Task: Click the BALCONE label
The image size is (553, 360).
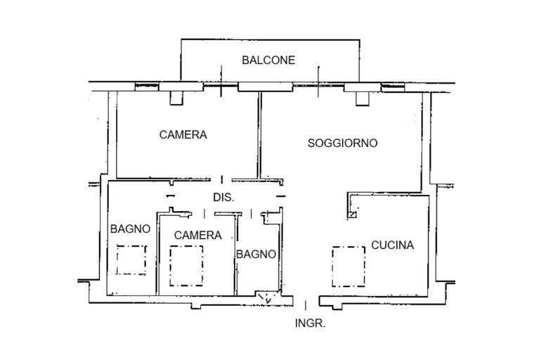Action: [268, 60]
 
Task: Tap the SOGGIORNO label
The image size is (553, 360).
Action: [343, 143]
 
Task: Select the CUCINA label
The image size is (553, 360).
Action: [393, 245]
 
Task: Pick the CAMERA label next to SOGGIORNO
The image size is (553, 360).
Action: [183, 134]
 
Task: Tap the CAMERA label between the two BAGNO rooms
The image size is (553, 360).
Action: [198, 235]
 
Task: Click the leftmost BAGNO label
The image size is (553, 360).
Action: [131, 229]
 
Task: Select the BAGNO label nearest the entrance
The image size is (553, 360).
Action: [256, 254]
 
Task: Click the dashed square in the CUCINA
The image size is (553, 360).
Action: [349, 266]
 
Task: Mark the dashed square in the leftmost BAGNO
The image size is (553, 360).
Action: [131, 259]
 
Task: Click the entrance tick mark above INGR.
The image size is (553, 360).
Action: [306, 304]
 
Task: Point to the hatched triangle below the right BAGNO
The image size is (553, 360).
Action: [267, 299]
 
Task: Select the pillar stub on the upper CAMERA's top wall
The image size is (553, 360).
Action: [176, 97]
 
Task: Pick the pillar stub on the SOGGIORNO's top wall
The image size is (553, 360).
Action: [362, 98]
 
